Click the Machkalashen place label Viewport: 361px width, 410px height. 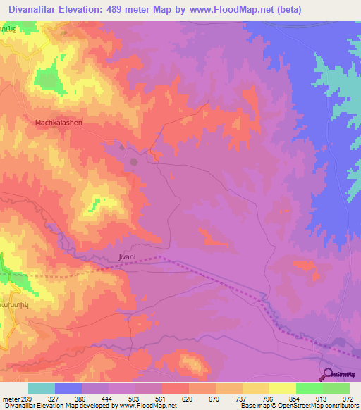tap(59, 123)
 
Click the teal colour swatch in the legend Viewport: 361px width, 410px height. tap(41, 388)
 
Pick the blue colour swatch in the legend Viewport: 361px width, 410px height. tap(68, 388)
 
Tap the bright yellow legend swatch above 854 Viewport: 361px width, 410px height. tap(282, 388)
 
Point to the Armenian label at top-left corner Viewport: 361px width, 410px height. tap(8, 33)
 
